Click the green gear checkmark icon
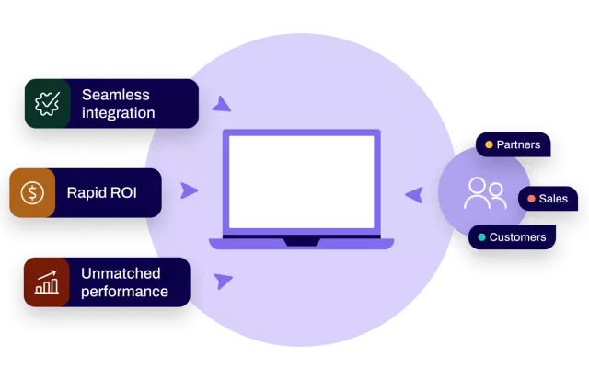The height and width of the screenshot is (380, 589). (x=46, y=102)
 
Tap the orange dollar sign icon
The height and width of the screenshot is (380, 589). (x=33, y=192)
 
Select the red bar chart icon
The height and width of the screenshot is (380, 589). (x=46, y=282)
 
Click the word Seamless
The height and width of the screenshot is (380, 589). (x=115, y=94)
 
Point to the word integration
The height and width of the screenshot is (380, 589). (x=118, y=113)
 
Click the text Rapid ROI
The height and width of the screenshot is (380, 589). (x=101, y=193)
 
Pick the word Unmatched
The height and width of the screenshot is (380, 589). (x=121, y=273)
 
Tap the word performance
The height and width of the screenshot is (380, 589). (x=124, y=293)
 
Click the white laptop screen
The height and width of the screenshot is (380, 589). (x=301, y=182)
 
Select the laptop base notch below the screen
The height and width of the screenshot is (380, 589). (x=301, y=242)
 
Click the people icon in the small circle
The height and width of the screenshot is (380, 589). (x=484, y=192)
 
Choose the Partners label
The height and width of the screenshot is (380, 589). (x=518, y=144)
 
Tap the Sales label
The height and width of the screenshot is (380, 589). (x=553, y=199)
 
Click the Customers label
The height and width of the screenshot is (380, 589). (x=517, y=237)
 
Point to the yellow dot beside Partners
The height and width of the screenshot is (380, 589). (x=489, y=144)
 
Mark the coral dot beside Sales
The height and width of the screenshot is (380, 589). (x=531, y=199)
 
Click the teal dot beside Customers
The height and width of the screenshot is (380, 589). (x=481, y=237)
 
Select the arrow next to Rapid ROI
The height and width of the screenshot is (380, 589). (x=189, y=190)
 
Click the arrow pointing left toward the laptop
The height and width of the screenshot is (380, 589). (x=414, y=194)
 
